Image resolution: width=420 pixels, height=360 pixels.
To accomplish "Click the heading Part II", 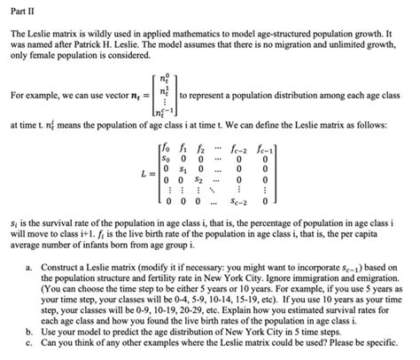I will [x=21, y=12].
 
